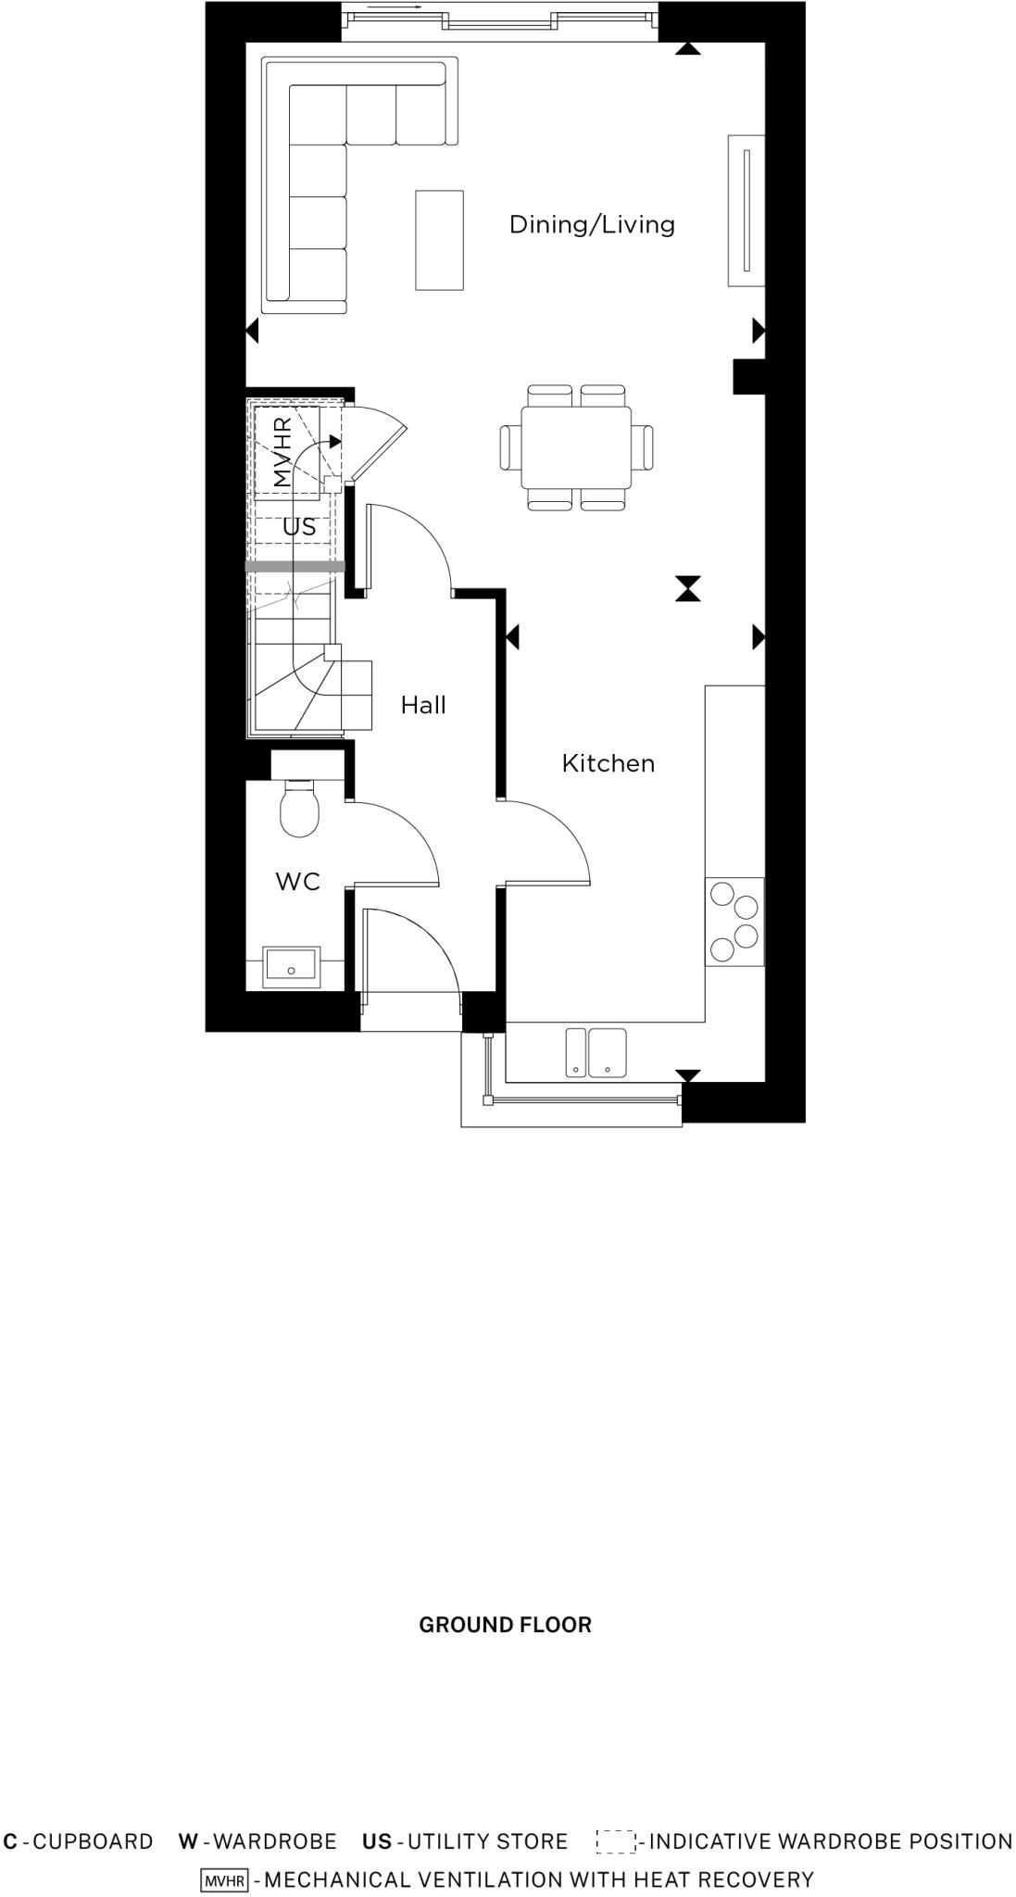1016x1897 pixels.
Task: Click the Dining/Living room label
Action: tap(592, 224)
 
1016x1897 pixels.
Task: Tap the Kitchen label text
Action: tap(608, 763)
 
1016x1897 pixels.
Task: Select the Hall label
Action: tap(423, 706)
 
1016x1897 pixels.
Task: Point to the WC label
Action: tap(297, 882)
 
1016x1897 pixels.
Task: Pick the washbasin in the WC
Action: tap(291, 967)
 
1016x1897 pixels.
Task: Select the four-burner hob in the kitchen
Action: tap(734, 922)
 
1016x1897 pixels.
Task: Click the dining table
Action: tap(576, 447)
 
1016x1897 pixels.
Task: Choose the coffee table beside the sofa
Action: tap(439, 240)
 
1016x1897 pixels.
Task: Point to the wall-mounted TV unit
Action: tap(746, 209)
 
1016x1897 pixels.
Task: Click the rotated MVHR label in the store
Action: tap(283, 452)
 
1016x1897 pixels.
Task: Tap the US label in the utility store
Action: tap(299, 527)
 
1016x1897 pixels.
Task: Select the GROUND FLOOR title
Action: tap(505, 1625)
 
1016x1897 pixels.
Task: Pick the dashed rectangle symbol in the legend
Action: tap(615, 1841)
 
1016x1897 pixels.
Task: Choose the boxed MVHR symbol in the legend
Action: tap(224, 1880)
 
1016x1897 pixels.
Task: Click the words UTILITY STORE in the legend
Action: tap(487, 1841)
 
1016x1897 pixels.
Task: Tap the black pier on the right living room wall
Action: tap(747, 377)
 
